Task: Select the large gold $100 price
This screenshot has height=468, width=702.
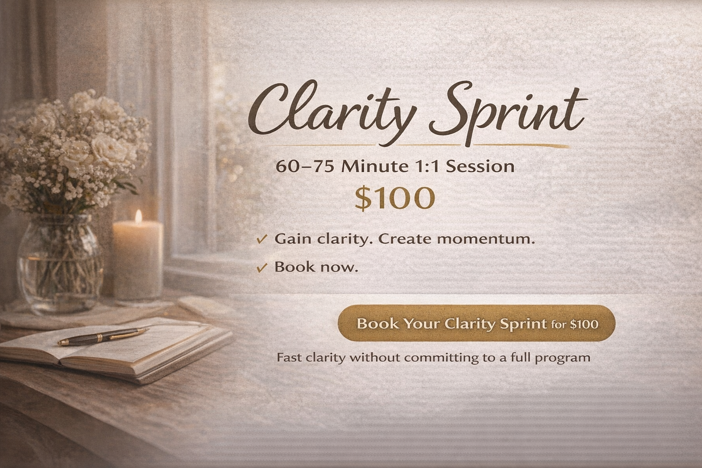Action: click(394, 198)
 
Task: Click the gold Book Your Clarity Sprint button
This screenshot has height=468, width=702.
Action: click(476, 323)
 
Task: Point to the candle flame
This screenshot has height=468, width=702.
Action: click(138, 217)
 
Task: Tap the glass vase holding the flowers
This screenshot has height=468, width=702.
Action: click(59, 263)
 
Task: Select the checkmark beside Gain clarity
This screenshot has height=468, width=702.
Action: click(261, 239)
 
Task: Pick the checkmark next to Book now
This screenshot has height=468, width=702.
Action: click(261, 267)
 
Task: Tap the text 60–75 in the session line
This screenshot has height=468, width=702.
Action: click(304, 166)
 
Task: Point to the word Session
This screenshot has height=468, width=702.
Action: click(480, 166)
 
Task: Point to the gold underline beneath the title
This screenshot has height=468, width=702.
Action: click(419, 146)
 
